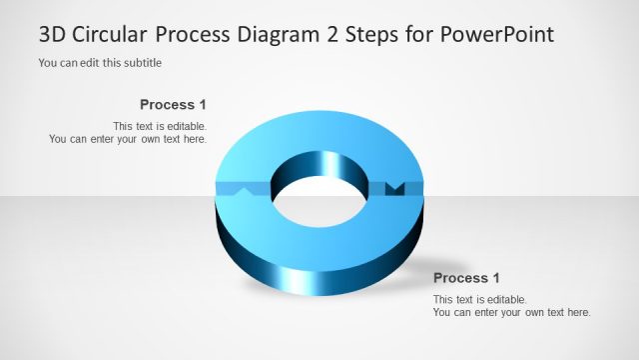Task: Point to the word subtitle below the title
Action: click(x=140, y=63)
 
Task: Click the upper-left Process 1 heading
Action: click(x=173, y=104)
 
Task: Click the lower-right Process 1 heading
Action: click(x=466, y=278)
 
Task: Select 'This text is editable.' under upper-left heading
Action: click(x=160, y=126)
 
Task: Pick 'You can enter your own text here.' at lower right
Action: click(x=511, y=312)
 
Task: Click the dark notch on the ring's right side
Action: click(x=393, y=188)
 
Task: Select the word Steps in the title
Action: click(x=375, y=35)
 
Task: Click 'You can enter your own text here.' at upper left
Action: click(x=128, y=139)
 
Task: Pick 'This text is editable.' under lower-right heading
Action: click(x=479, y=299)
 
